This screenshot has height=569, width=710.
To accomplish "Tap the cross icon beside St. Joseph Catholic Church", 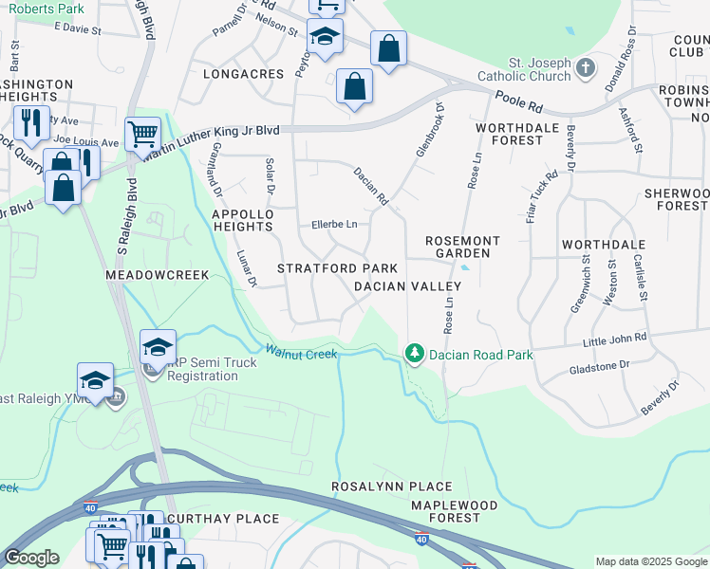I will (586, 67).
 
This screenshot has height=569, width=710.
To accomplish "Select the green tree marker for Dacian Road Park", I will (414, 353).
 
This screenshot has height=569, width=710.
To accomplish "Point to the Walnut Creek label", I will (301, 353).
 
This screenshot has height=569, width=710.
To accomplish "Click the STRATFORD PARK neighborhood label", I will (337, 269).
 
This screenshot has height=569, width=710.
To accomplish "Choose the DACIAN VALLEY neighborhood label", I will (406, 286).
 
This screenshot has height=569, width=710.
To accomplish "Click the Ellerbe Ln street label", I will (334, 225).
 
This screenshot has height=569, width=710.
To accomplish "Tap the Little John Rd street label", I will (616, 338).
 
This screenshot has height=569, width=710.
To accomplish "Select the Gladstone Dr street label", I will (598, 366).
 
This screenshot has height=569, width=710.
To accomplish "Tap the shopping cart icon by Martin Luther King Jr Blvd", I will (142, 133).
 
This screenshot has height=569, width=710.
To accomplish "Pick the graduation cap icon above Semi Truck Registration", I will (158, 346).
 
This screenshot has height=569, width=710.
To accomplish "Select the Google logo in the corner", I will (31, 558).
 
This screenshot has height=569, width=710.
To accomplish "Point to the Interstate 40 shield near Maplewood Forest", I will (420, 539).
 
